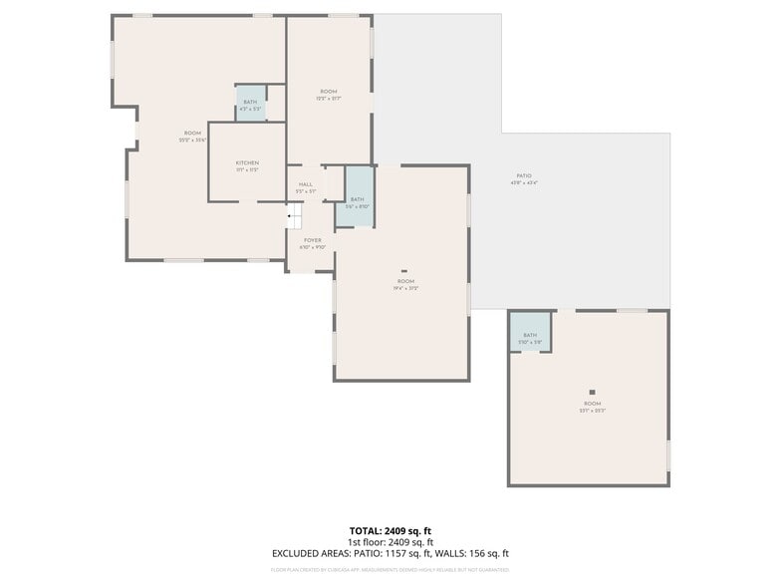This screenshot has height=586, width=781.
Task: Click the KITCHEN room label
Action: (x=247, y=162)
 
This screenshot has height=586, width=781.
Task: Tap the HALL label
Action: (x=305, y=184)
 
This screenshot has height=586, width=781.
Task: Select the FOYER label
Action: (x=313, y=240)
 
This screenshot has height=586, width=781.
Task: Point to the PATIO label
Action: (x=524, y=175)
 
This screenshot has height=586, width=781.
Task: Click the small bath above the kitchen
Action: (x=250, y=104)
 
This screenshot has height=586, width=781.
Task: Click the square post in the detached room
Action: (x=592, y=393)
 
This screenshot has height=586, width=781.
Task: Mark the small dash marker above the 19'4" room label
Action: (x=404, y=270)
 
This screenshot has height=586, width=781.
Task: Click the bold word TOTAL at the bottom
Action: (x=364, y=531)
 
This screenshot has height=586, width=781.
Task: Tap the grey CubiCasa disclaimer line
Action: (x=390, y=570)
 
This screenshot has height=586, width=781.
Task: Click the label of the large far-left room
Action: (x=192, y=134)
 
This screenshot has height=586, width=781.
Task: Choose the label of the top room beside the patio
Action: (x=329, y=92)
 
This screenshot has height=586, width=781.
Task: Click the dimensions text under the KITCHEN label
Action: (x=247, y=169)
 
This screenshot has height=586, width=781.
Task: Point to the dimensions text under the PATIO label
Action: (x=524, y=183)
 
